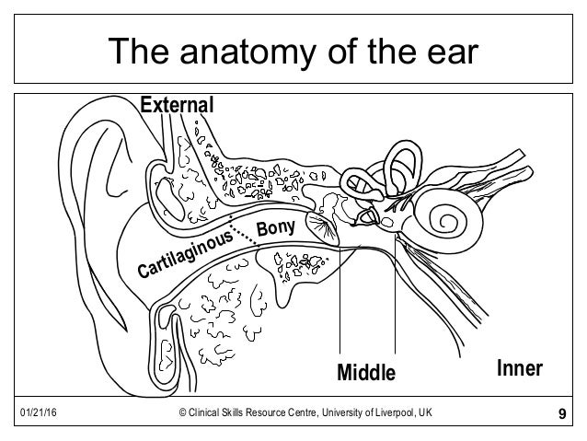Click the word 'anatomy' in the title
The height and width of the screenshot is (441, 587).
tap(241, 52)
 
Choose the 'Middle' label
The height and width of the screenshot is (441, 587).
tap(365, 373)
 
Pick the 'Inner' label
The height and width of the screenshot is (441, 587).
tap(520, 369)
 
